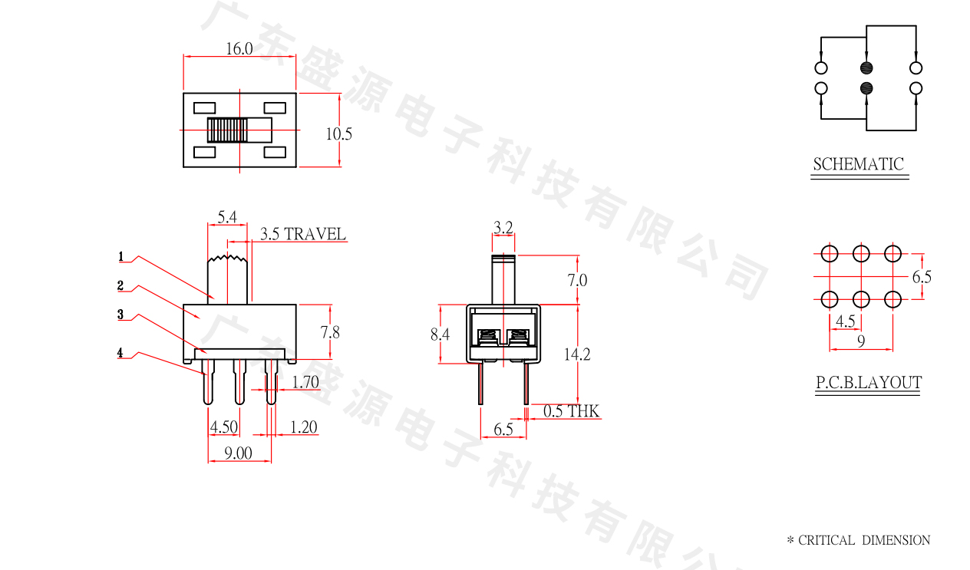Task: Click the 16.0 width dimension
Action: (x=239, y=49)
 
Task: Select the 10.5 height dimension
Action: (x=338, y=134)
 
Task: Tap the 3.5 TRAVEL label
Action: (x=302, y=234)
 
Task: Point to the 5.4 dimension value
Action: (x=226, y=218)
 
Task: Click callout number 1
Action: (x=121, y=255)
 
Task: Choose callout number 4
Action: (x=120, y=353)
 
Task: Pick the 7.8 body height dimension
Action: (x=331, y=331)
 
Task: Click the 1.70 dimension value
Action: (x=305, y=381)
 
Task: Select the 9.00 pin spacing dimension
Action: (x=238, y=453)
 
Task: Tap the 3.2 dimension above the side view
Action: (x=503, y=227)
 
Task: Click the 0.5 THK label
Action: (x=571, y=412)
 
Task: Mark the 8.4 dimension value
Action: (x=440, y=334)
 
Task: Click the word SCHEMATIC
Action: (x=858, y=164)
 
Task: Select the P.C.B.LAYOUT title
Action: (x=868, y=383)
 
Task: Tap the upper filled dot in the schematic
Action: (x=867, y=68)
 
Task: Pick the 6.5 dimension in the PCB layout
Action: (x=921, y=277)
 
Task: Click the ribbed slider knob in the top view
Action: (x=228, y=130)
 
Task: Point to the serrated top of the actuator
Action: (x=227, y=259)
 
